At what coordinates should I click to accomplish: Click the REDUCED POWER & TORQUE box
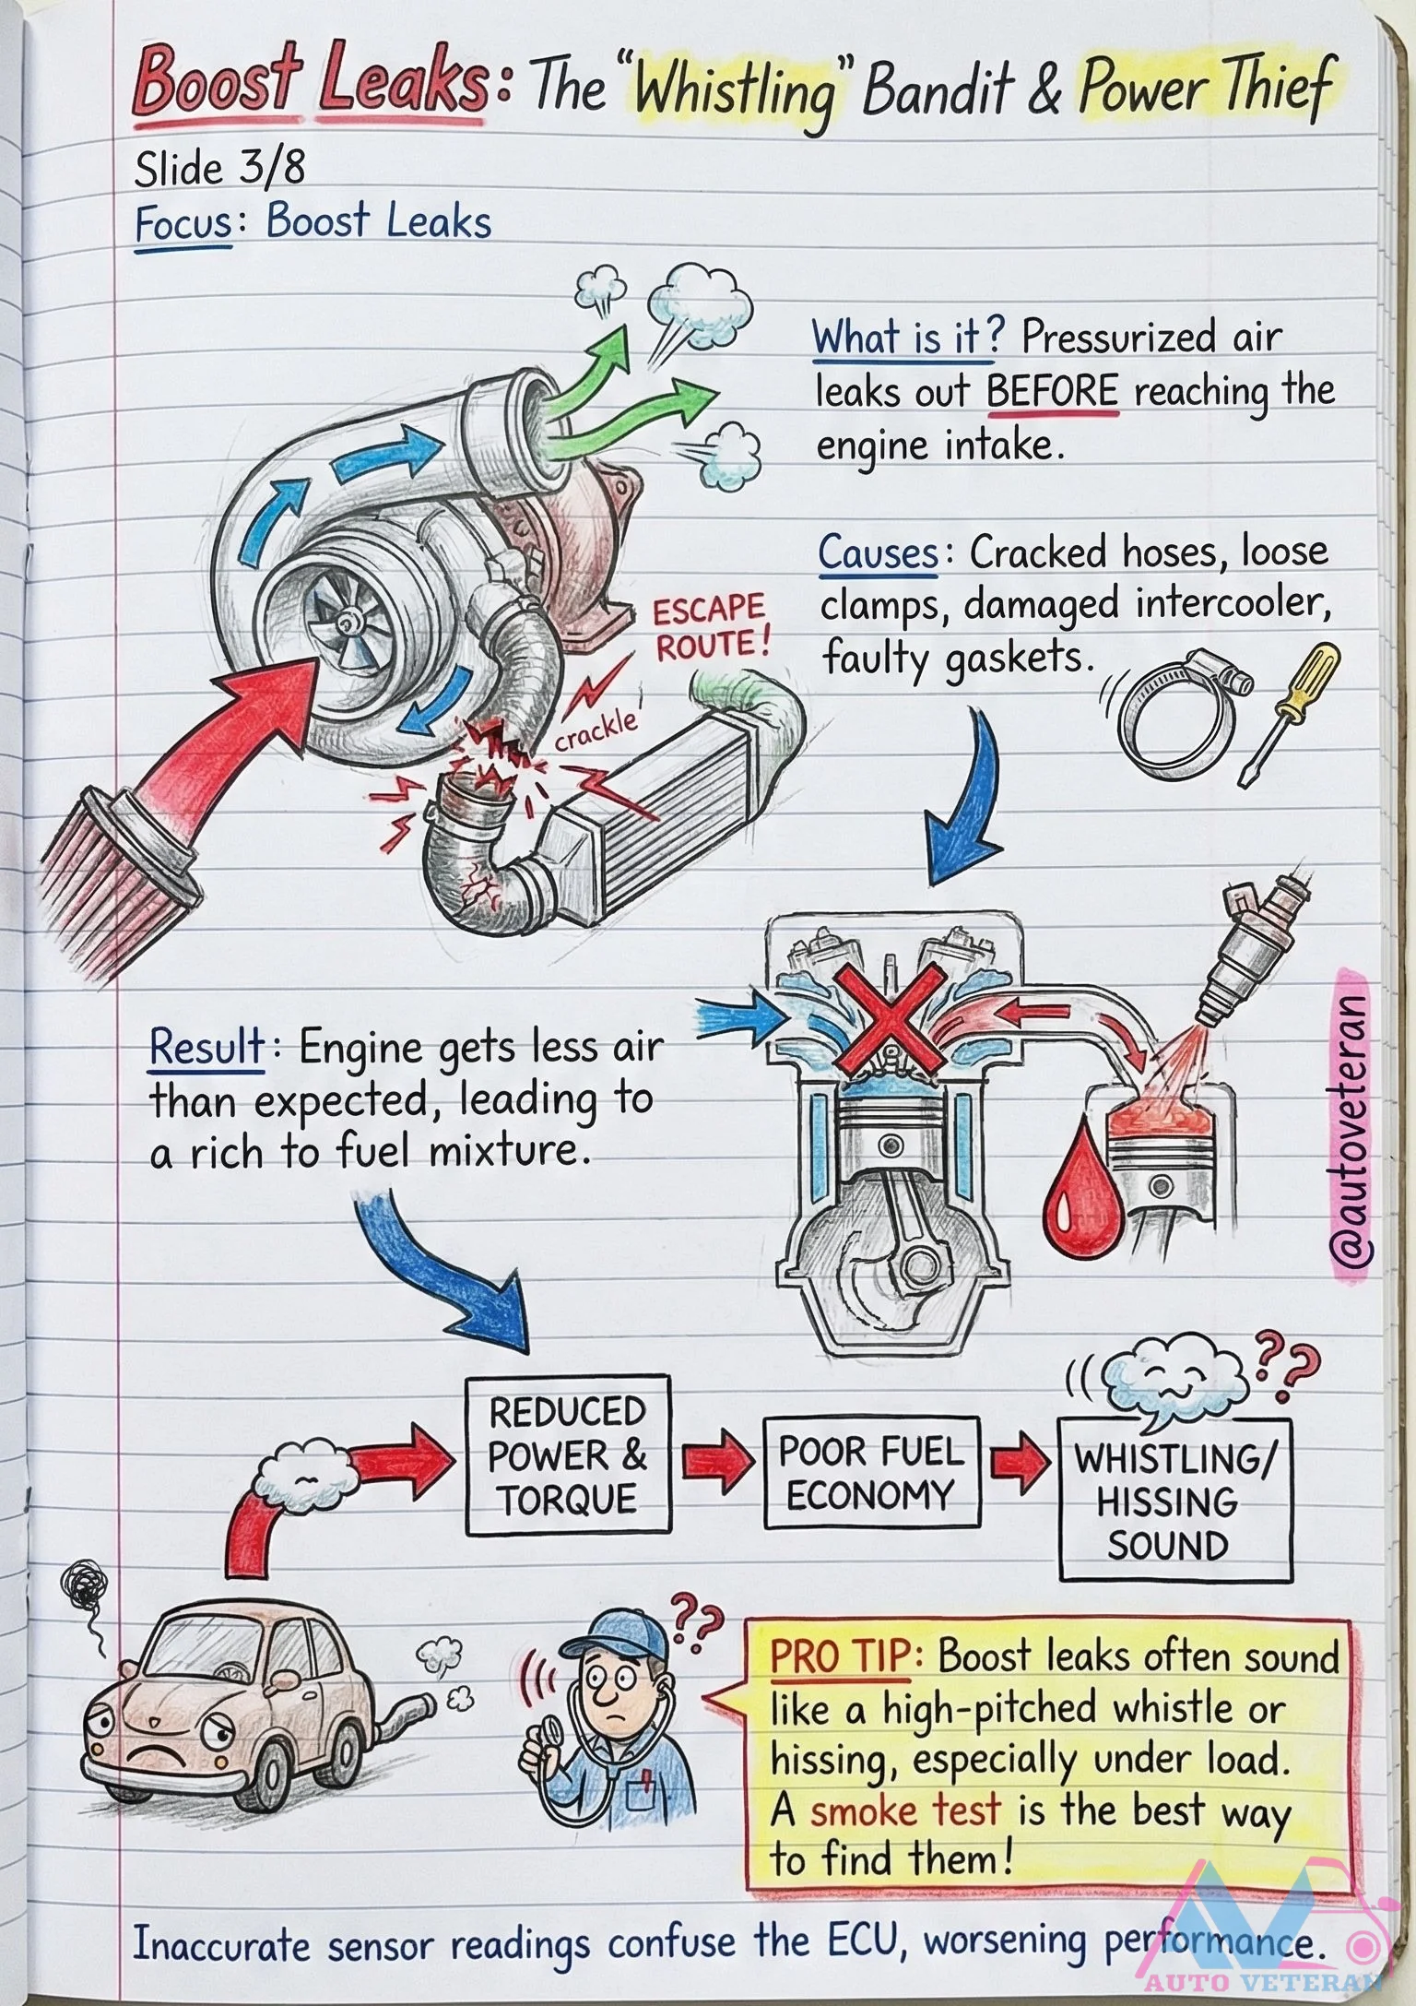[567, 1455]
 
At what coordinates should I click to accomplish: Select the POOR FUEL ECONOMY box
[871, 1473]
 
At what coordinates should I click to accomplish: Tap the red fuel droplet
[1081, 1194]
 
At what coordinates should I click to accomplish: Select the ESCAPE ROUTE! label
[710, 627]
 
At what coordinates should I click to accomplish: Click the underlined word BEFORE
[1052, 393]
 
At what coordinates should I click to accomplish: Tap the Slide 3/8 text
[219, 169]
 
